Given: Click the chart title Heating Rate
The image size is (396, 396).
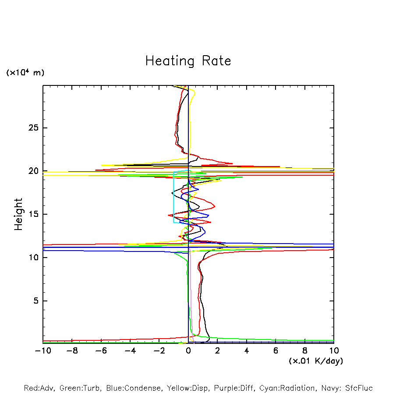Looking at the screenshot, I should point(188,61).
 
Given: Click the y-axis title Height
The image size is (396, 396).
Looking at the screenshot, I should point(18,214).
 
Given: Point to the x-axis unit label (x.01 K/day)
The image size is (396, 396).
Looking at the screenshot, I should point(315,361).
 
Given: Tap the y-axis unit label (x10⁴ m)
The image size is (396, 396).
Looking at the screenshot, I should point(25,73).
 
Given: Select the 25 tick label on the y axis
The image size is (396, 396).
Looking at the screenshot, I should point(34,128).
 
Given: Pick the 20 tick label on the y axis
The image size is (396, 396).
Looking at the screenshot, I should point(34,171).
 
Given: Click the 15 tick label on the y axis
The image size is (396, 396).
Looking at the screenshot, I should point(34,214).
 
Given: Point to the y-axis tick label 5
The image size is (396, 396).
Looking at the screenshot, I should point(36,301).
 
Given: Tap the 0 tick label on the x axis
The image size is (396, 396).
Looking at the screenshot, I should point(188,351).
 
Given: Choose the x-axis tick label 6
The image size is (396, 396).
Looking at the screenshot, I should point(276,351).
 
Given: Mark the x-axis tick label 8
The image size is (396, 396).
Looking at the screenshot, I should point(305,351).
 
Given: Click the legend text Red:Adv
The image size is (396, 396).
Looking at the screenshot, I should point(39,388).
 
